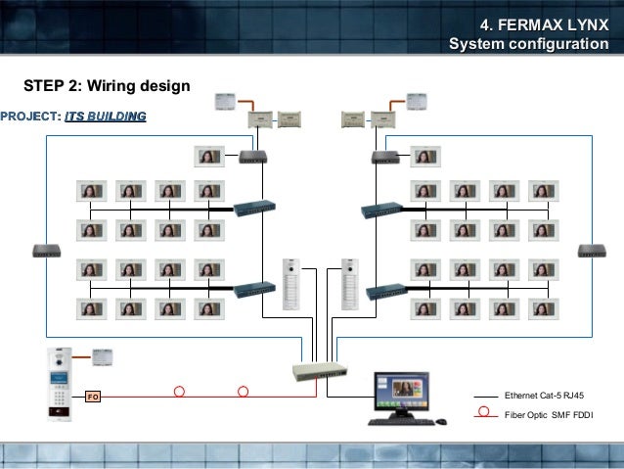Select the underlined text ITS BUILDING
(106, 117)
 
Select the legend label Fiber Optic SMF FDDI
(548, 416)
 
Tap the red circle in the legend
(483, 411)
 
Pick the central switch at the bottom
(319, 370)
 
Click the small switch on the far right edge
(591, 250)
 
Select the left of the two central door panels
(290, 284)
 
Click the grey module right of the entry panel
(105, 357)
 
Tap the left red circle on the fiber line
(179, 392)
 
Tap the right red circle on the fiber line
(243, 392)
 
